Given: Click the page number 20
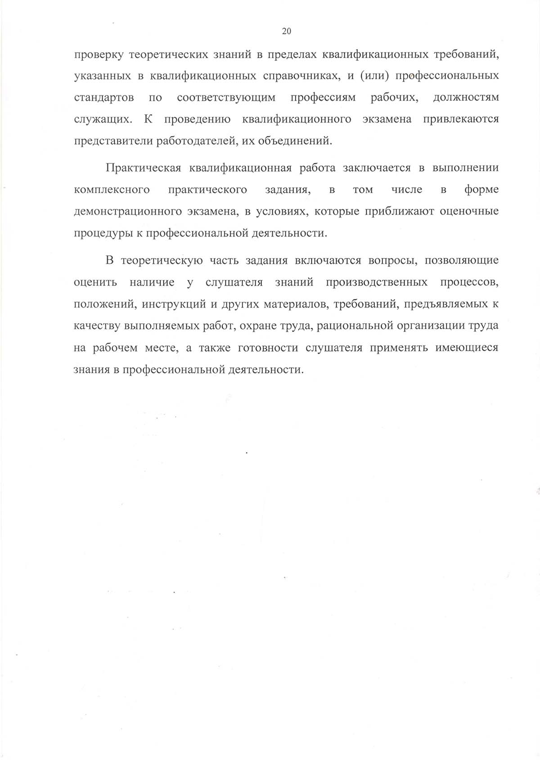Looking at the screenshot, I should [286, 31].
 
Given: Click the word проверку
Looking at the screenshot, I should [99, 55].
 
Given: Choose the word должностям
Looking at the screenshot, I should [465, 98].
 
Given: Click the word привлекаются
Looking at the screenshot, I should [461, 119].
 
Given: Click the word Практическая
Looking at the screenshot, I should [143, 168].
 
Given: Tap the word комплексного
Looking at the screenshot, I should [112, 190].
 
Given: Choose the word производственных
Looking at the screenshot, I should [377, 282].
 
